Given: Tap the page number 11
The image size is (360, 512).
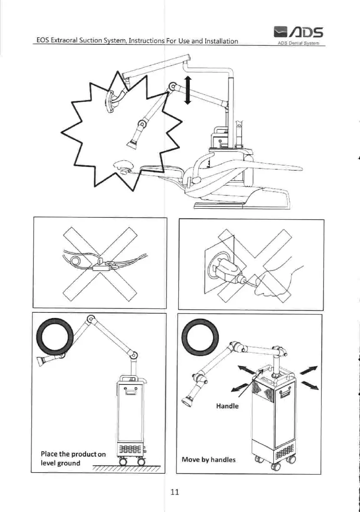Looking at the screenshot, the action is (175, 492).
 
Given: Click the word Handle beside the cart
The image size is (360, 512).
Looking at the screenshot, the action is (227, 406).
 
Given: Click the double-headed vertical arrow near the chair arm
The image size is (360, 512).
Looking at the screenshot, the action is (187, 89).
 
